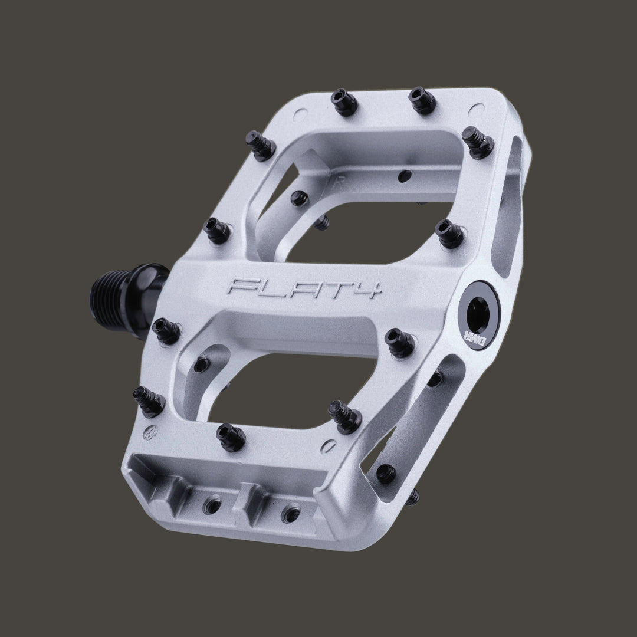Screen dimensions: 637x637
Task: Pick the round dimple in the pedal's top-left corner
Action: [x=298, y=111]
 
